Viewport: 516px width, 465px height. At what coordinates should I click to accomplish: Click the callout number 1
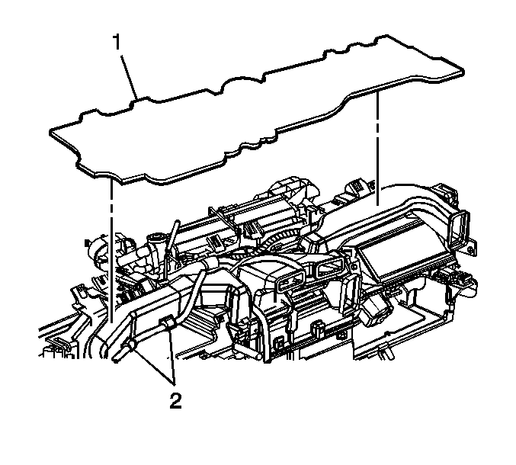point(117,43)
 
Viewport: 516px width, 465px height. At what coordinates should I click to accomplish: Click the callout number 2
point(175,400)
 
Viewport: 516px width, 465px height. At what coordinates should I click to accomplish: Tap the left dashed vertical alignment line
point(111,251)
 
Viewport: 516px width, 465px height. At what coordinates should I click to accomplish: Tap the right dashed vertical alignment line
point(377,149)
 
